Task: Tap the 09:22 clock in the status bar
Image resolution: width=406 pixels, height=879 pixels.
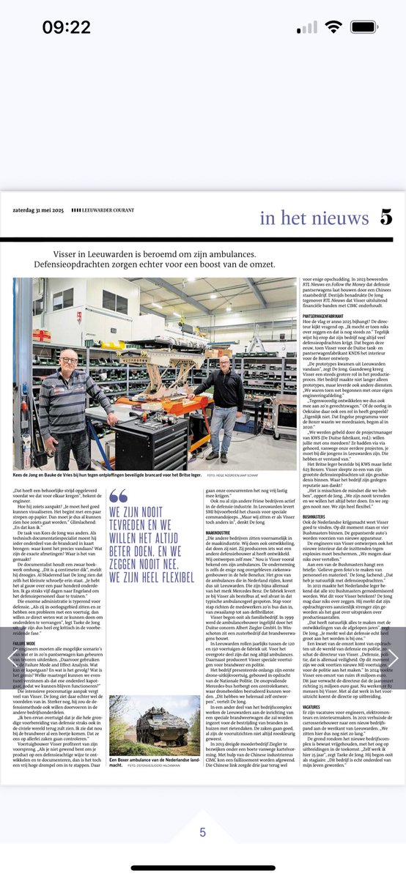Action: (x=66, y=27)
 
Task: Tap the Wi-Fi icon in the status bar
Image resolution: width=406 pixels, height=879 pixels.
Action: (x=335, y=27)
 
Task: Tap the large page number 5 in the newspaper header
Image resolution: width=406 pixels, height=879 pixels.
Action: (x=386, y=218)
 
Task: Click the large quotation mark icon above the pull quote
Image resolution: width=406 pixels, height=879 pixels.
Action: (x=118, y=496)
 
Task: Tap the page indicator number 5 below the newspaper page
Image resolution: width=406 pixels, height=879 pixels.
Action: (x=203, y=832)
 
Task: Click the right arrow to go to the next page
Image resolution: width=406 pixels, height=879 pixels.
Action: (x=393, y=658)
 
